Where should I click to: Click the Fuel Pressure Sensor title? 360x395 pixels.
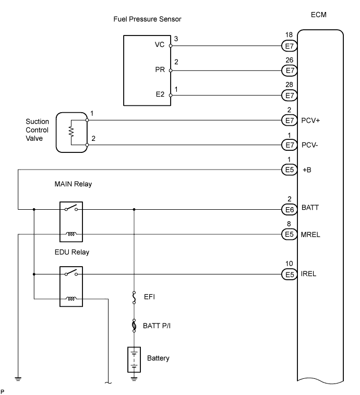[147, 19]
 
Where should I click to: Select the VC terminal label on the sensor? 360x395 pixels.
[160, 45]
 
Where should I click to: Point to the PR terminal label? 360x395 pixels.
[160, 69]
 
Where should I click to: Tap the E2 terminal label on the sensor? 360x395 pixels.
[160, 95]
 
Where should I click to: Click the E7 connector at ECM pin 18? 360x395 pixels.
[289, 45]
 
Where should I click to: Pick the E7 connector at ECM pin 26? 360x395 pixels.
[289, 70]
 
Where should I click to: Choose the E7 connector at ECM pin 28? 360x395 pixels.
[289, 95]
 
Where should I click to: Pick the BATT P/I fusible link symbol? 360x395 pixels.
[134, 326]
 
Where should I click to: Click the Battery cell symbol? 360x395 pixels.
[134, 359]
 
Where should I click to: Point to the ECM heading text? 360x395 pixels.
[320, 15]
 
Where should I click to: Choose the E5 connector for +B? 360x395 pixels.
[289, 170]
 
